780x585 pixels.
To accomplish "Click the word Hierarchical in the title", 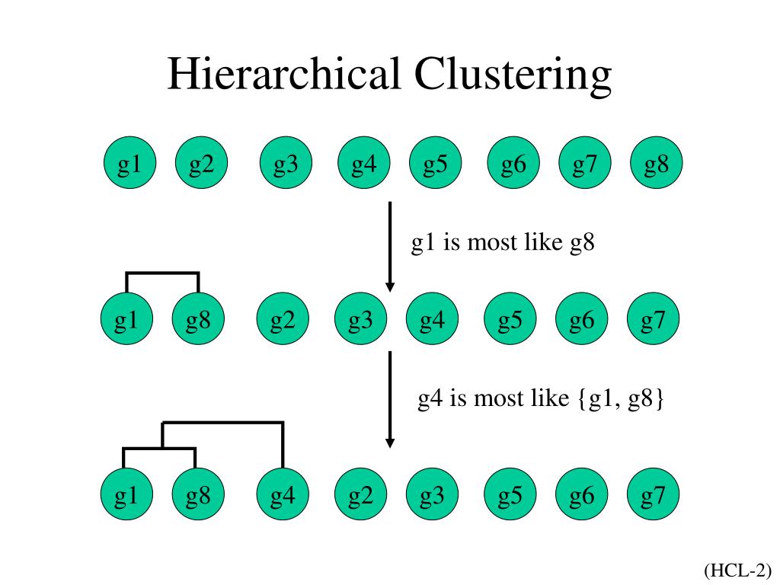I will point(285,75).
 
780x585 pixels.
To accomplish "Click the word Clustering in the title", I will point(513,75).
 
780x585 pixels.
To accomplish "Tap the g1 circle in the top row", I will point(129,164).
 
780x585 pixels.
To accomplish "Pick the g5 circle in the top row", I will point(435,164).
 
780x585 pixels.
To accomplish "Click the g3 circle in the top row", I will point(286,164).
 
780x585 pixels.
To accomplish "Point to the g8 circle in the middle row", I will point(198,321).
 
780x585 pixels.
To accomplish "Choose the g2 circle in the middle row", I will point(283,321).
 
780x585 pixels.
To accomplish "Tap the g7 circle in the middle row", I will point(653,321).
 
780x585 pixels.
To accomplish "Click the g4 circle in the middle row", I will point(432,321).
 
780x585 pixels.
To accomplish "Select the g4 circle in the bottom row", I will point(283,497).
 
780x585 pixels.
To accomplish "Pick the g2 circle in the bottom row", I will point(361,497).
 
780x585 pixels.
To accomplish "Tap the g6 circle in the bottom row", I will point(581,497).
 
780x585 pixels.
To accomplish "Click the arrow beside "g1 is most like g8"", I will point(390,246).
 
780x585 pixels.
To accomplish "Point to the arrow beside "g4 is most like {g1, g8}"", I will point(390,399).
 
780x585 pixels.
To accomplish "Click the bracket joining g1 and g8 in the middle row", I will point(162,273).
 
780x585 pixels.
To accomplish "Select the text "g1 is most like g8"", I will point(503,244).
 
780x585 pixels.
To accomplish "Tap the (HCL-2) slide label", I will point(737,569).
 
